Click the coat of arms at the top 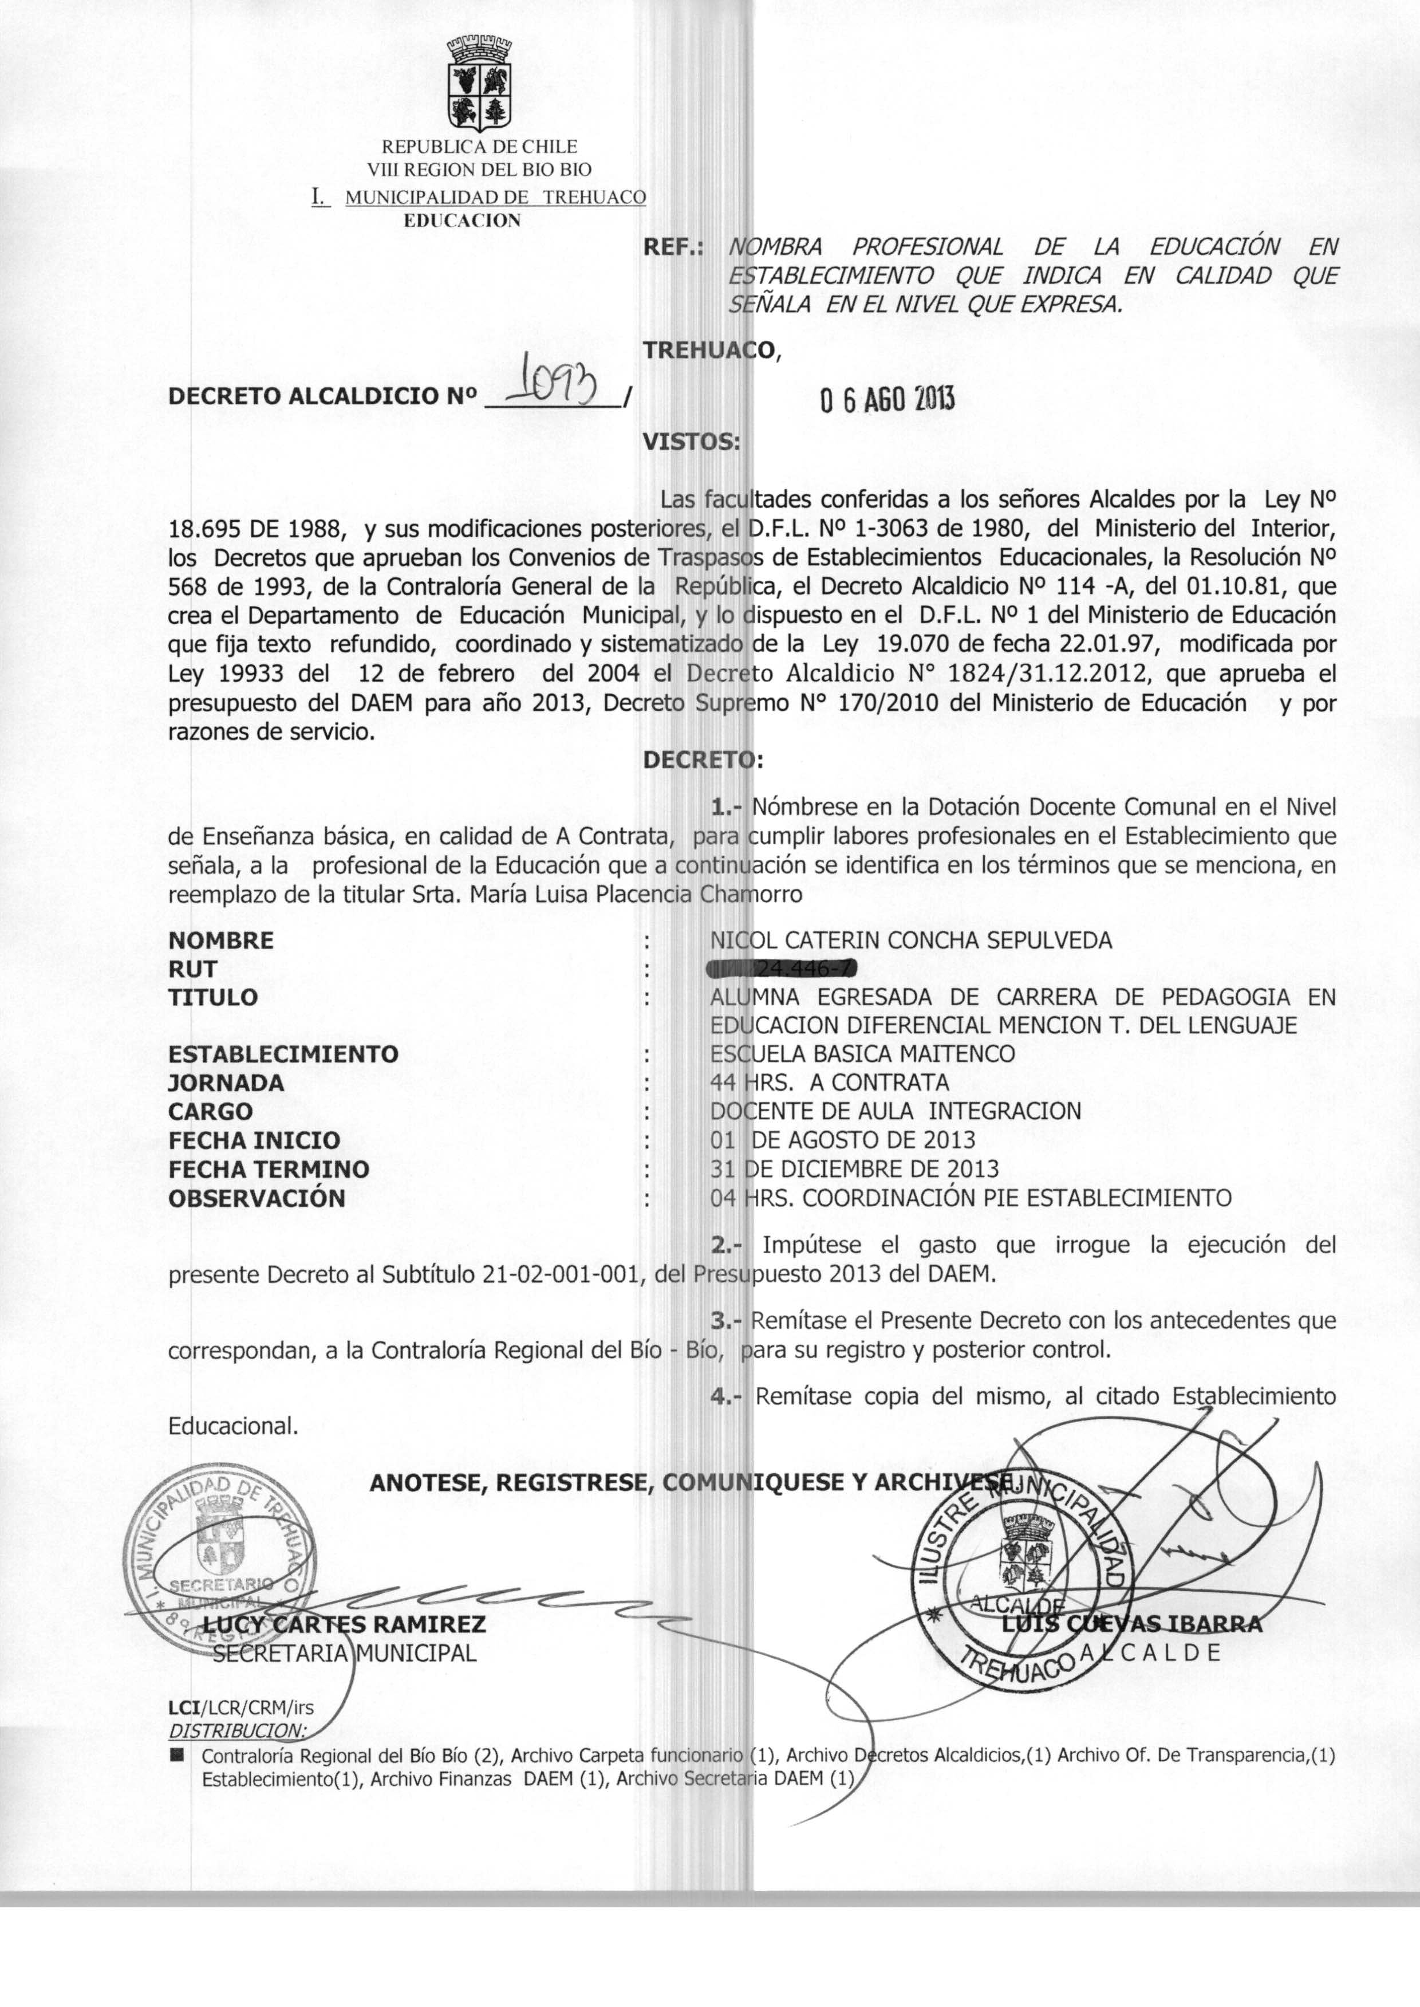479,84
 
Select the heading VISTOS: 691,441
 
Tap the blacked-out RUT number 783,968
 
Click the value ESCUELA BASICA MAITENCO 862,1054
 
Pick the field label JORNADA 226,1083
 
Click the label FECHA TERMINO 269,1168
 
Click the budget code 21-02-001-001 561,1274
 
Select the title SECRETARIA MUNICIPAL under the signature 345,1654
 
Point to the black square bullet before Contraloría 179,1754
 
